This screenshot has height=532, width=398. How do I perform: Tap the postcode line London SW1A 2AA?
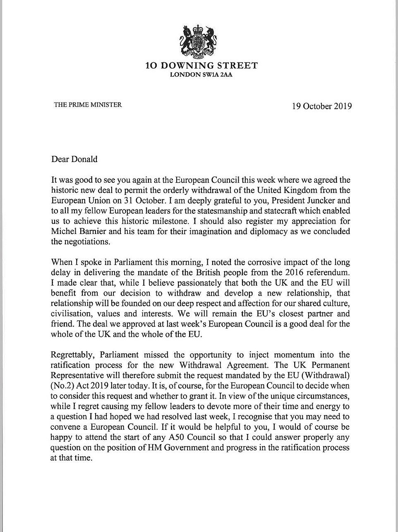[x=201, y=75]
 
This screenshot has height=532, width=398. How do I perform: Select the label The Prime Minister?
[x=88, y=105]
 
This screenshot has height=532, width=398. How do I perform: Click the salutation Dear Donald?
[x=74, y=159]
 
